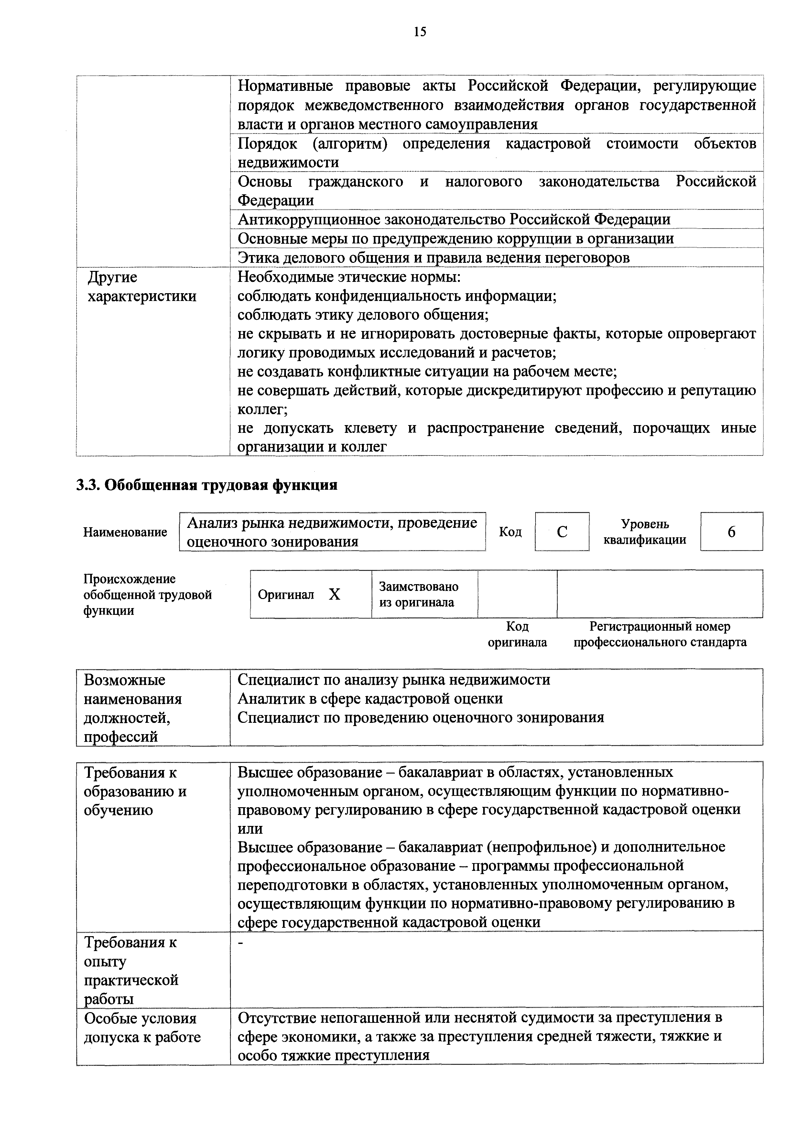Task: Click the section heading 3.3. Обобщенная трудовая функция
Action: point(207,485)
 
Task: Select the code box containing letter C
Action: point(562,532)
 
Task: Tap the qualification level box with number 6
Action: point(731,532)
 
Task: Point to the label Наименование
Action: point(125,532)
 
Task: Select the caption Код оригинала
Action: point(517,635)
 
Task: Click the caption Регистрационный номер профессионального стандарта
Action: point(660,635)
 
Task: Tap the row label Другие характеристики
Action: point(142,287)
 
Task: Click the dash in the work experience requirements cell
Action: point(241,944)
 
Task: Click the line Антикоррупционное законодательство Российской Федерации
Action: point(454,219)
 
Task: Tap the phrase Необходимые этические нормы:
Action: point(349,277)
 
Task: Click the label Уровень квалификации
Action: point(645,532)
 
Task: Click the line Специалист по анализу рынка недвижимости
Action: point(394,679)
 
